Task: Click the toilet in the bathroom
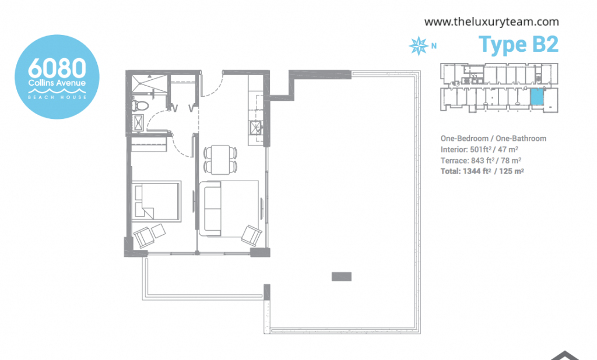tap(138, 106)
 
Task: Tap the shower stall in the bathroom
tap(149, 84)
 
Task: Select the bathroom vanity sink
tap(138, 122)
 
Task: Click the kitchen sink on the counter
tap(256, 127)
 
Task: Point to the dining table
tap(220, 160)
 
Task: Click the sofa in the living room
tap(210, 208)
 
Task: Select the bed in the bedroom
tap(156, 200)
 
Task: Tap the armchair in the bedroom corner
tap(144, 237)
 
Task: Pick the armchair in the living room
tap(252, 235)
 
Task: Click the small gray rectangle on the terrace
tap(342, 277)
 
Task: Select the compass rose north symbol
tap(419, 46)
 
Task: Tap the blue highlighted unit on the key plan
tap(537, 97)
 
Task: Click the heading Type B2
tap(518, 44)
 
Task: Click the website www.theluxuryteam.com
tap(491, 22)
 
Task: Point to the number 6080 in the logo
tap(57, 68)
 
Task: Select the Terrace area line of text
tap(481, 161)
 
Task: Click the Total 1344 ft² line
tap(482, 171)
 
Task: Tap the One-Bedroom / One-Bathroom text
tap(493, 139)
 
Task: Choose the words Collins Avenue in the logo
tap(57, 83)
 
